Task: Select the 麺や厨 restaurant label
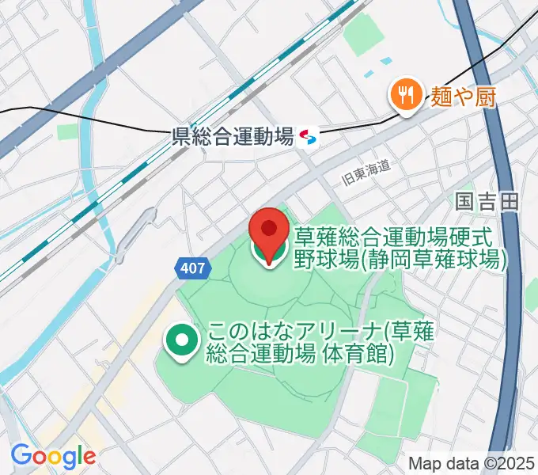click(464, 97)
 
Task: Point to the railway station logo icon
click(309, 139)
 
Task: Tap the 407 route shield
click(192, 268)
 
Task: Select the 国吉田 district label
click(487, 201)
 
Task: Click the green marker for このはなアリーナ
click(181, 342)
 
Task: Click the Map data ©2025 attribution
click(472, 463)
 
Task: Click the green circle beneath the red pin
click(269, 252)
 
